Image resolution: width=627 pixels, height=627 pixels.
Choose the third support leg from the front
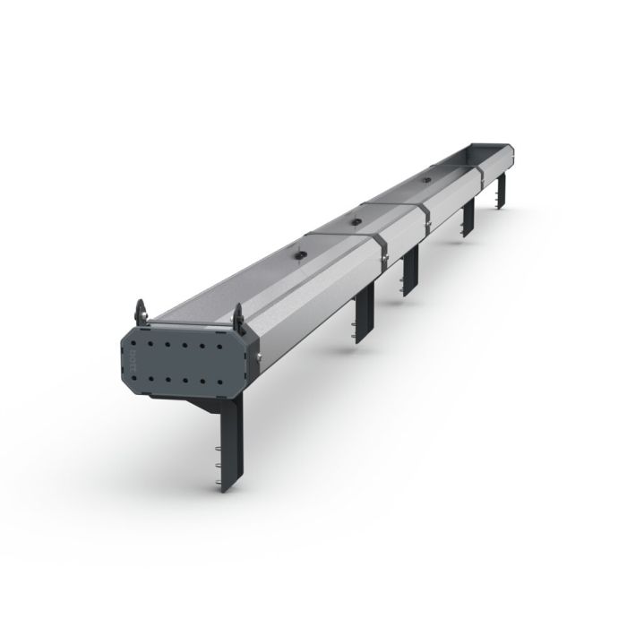point(410,271)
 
